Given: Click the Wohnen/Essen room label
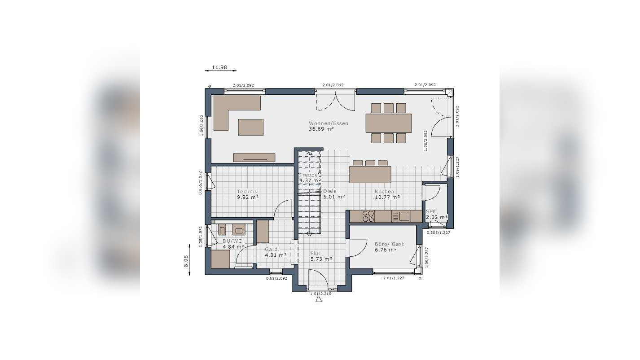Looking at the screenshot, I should (328, 123).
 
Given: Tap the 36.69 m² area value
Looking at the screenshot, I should (321, 129).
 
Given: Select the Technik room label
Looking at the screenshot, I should (247, 192).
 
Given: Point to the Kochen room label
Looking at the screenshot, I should (385, 192).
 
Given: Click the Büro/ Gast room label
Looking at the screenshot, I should (389, 244).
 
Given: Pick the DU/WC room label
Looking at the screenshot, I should (232, 241).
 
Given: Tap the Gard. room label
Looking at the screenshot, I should (272, 250).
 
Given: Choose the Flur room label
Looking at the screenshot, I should (316, 253).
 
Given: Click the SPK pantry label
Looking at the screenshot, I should (431, 211).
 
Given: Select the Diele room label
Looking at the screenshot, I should (329, 191).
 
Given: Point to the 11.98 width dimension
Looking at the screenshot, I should (219, 67).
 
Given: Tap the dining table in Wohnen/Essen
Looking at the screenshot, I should (388, 123).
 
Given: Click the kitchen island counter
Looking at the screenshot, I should (370, 175).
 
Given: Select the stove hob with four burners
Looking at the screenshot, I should (368, 216).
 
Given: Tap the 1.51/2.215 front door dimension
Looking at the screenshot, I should (320, 294).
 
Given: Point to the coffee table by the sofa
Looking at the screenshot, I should (250, 127).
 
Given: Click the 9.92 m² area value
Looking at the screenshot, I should (248, 197).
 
